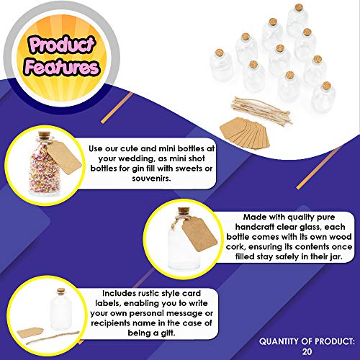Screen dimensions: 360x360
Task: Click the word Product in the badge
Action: click(x=62, y=45)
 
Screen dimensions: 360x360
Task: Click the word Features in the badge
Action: click(x=62, y=67)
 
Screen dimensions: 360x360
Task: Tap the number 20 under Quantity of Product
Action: click(x=307, y=351)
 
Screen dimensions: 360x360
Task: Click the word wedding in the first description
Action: click(x=138, y=159)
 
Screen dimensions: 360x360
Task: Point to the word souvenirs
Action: click(x=151, y=179)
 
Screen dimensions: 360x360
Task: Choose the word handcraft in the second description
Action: click(x=254, y=227)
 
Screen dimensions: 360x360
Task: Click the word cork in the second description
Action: click(x=235, y=247)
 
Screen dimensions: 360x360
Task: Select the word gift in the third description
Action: click(x=167, y=333)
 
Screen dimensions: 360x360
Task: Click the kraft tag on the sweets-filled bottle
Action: click(x=64, y=157)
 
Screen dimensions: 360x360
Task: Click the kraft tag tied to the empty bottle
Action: click(x=199, y=235)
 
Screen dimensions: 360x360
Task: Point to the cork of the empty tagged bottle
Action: click(x=184, y=211)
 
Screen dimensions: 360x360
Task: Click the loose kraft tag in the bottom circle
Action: click(x=30, y=333)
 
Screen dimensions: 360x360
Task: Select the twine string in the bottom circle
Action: click(x=52, y=338)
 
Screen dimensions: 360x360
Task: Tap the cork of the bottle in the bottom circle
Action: click(x=61, y=291)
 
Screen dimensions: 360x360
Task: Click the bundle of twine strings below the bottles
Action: click(x=261, y=110)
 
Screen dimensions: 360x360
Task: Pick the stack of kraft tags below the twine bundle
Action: click(x=245, y=132)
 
